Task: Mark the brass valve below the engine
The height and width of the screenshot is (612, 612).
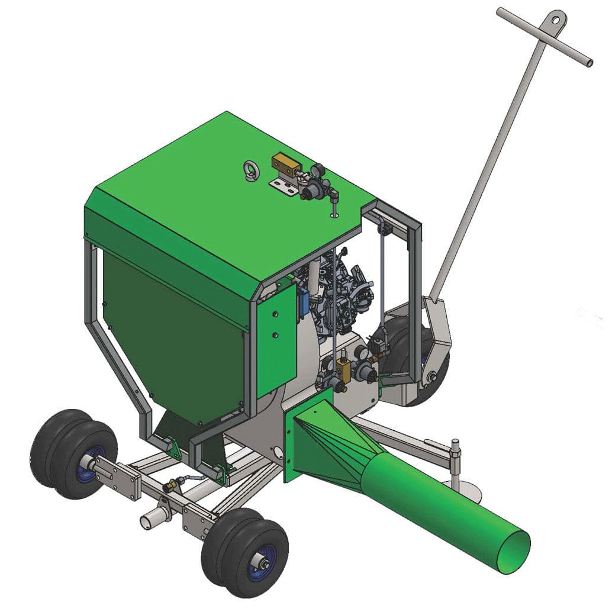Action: click(342, 370)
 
